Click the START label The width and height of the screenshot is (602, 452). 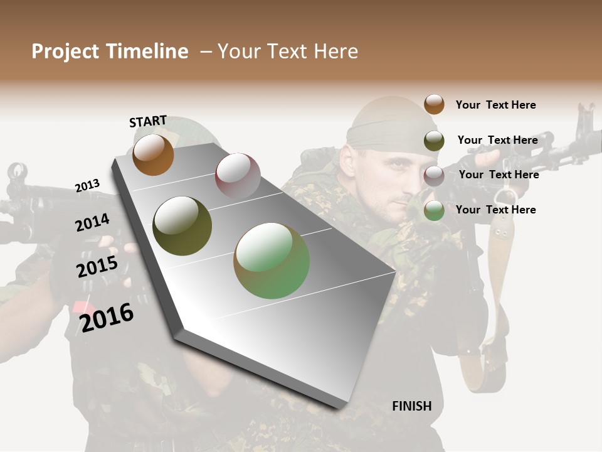pos(148,121)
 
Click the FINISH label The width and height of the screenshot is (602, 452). pos(412,406)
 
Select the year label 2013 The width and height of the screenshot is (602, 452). pos(87,186)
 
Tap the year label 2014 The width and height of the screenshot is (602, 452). pos(92,223)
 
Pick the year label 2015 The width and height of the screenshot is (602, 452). pos(97,267)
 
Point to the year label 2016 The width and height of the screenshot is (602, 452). pos(107,318)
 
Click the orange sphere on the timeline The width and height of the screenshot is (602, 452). pos(153,154)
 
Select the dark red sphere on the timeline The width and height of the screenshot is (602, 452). pos(238,175)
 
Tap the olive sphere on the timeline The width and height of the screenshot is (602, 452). pos(182,226)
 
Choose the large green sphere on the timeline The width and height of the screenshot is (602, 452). pos(272,261)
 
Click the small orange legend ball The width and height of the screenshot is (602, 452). pos(434,104)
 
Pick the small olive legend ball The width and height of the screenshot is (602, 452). pos(434,141)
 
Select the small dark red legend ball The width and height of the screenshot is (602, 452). pos(434,176)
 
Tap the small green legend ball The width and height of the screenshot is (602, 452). pos(434,210)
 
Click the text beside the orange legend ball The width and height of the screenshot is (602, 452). pos(495,105)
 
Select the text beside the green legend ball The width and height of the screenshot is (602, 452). pos(495,210)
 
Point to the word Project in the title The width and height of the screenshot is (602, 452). pos(66,51)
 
